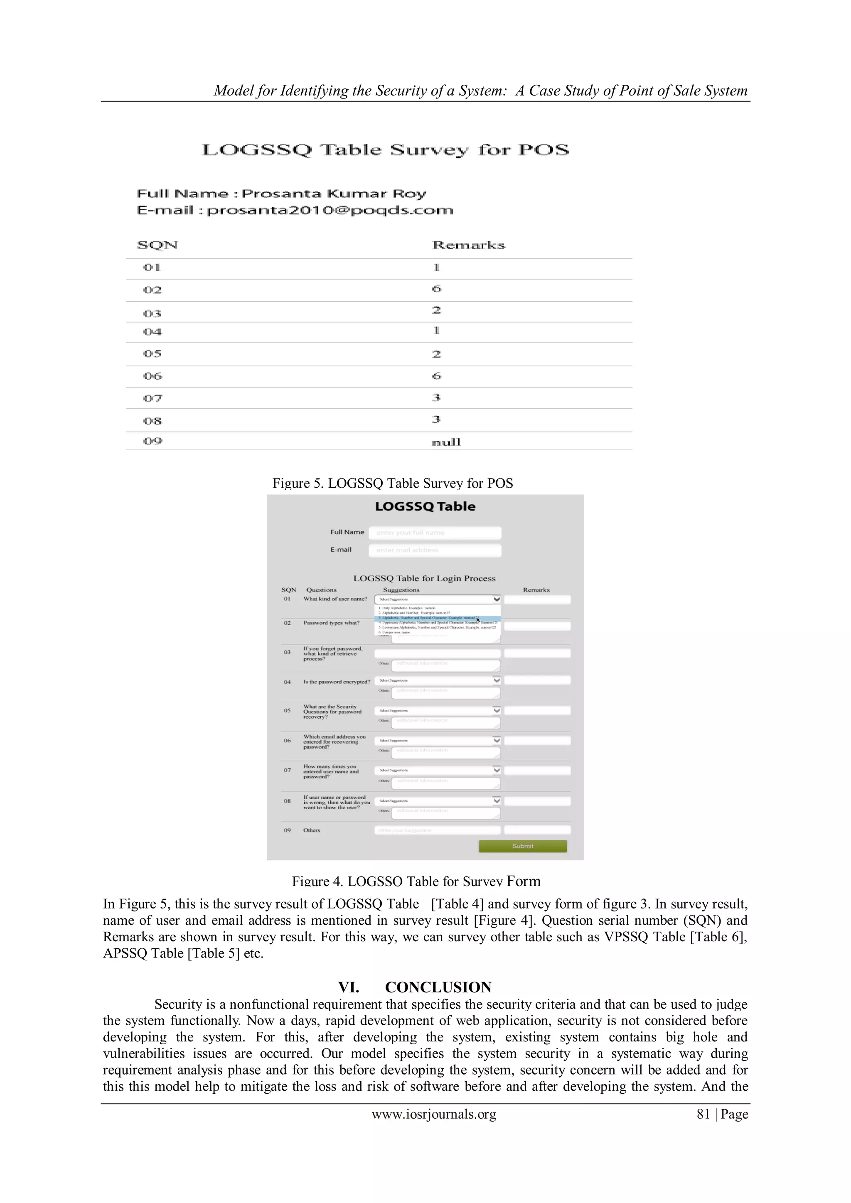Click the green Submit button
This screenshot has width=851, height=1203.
(522, 846)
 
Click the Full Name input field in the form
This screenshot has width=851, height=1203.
(434, 533)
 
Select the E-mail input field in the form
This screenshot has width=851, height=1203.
(434, 550)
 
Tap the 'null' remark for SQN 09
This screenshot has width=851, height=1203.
(445, 442)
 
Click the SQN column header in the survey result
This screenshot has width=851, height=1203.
(157, 245)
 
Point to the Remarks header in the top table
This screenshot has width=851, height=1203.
(468, 245)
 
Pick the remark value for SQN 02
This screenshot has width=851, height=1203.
(436, 289)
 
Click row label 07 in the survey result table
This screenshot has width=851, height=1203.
(152, 399)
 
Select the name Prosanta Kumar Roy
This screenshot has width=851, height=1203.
(334, 194)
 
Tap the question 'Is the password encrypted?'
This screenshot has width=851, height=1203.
(337, 682)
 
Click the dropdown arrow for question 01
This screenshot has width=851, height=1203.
(496, 599)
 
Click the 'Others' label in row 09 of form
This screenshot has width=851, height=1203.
(311, 830)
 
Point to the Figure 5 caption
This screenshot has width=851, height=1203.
(393, 483)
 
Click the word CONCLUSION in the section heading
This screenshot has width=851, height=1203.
(438, 987)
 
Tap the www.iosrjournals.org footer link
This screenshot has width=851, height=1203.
(434, 1115)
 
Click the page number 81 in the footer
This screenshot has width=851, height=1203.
(703, 1115)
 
